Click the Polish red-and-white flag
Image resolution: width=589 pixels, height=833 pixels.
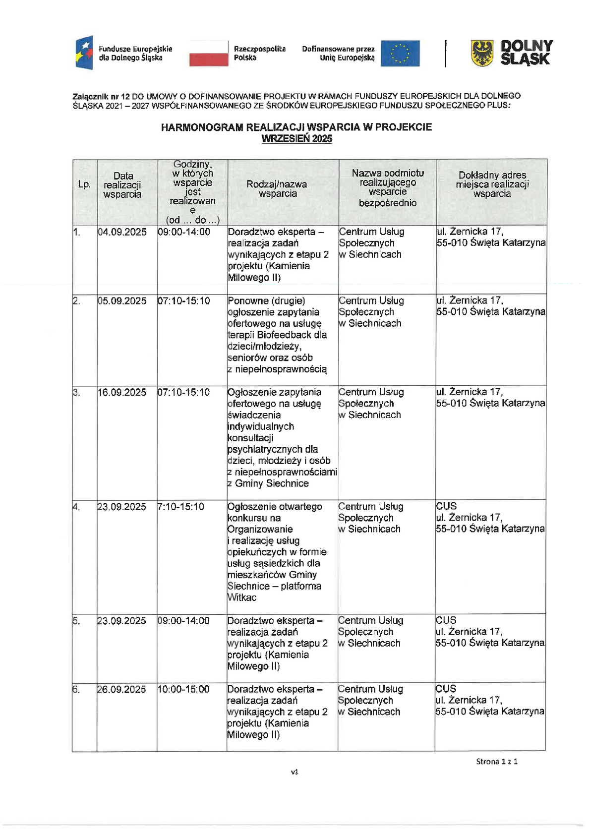tap(209, 54)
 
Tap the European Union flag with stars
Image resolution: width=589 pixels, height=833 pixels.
tap(400, 54)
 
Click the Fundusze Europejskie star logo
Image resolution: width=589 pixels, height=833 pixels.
tap(84, 53)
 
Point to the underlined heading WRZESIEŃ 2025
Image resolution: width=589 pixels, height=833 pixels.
tap(296, 139)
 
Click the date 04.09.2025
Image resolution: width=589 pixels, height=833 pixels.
tap(122, 232)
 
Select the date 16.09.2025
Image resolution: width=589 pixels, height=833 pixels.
tap(122, 392)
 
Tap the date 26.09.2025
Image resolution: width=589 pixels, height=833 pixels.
tap(121, 689)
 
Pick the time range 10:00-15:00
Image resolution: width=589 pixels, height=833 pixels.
tap(183, 689)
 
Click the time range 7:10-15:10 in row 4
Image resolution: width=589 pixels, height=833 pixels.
tap(181, 507)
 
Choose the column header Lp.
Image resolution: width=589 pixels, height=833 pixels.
tap(84, 184)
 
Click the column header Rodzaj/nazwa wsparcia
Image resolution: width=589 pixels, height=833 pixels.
tap(277, 189)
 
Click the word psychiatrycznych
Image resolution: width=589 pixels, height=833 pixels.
tap(266, 449)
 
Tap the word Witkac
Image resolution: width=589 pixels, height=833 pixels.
tap(242, 597)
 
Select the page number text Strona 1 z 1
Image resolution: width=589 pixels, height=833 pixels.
tap(497, 762)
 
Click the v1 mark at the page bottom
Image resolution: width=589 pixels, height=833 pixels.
tap(294, 772)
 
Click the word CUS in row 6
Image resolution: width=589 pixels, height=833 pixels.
tap(446, 689)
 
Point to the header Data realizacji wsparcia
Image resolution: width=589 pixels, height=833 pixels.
tap(122, 185)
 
